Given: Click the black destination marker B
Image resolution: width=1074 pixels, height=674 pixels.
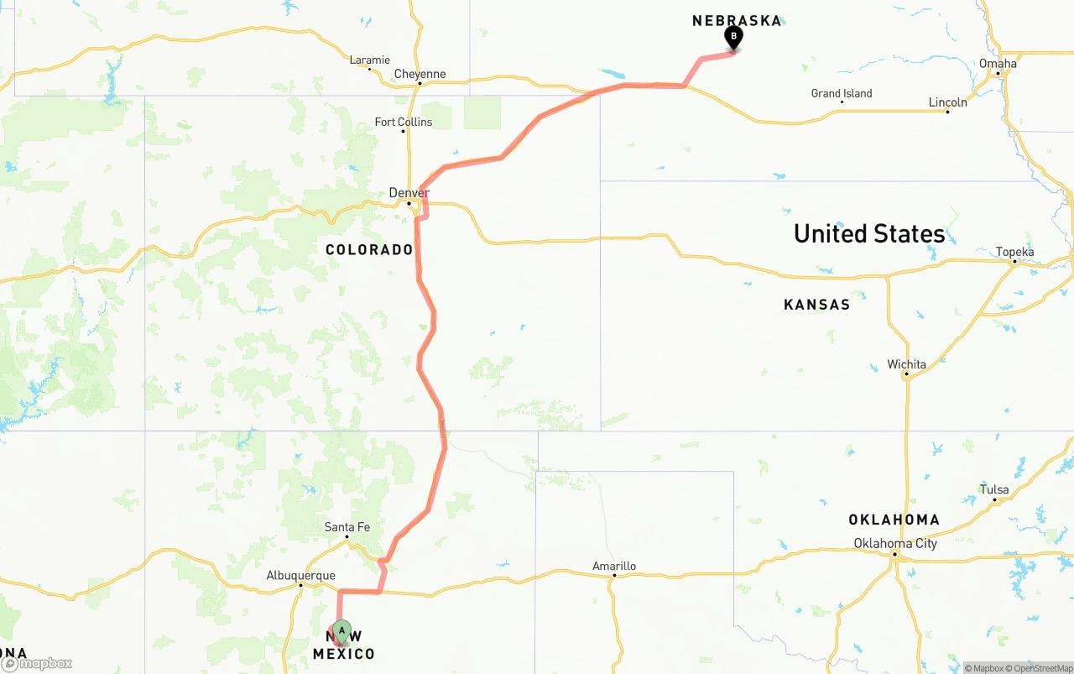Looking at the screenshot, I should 733,37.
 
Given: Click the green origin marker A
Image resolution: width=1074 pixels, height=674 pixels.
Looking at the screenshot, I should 341,630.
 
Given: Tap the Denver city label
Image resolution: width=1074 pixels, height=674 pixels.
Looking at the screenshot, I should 409,193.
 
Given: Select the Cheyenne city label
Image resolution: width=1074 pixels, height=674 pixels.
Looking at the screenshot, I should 420,74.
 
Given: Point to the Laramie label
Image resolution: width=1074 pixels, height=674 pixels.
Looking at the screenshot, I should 369,60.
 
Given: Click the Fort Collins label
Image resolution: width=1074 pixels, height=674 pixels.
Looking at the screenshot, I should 404,122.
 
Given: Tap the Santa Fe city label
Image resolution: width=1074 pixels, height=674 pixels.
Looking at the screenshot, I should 347,527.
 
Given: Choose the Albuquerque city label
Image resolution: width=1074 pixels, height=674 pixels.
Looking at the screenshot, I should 300,576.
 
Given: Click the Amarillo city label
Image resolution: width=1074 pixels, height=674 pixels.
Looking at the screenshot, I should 614,567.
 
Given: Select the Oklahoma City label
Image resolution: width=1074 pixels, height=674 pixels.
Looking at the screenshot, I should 895,543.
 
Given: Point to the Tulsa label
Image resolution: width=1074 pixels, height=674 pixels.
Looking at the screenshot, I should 994,489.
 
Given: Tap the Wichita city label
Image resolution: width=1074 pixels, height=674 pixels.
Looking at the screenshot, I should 907,364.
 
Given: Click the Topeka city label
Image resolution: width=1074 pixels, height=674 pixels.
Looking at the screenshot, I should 1014,252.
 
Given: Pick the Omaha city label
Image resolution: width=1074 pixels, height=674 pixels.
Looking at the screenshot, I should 998,63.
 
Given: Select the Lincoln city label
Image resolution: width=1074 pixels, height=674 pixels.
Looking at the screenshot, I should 947,102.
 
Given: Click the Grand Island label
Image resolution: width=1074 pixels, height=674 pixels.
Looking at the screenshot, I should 842,93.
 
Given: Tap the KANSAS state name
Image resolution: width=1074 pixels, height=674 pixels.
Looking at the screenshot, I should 816,305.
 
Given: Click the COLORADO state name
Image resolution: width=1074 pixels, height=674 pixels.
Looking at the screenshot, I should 369,250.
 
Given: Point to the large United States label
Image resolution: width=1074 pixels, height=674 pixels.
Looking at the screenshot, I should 869,233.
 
